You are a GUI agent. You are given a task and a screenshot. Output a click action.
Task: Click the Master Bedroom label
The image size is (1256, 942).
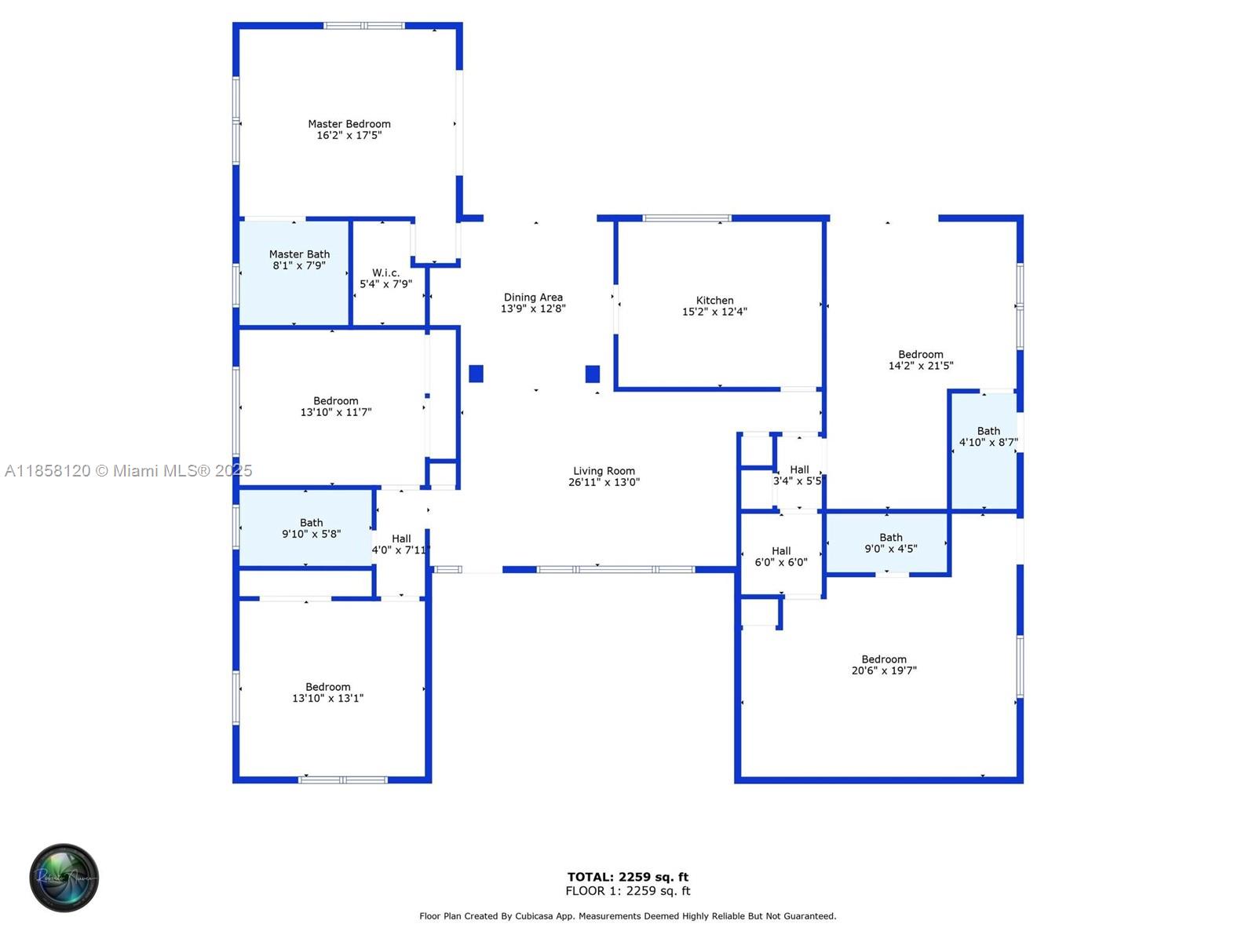[349, 123]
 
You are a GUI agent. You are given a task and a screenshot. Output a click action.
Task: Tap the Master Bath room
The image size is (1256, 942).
[294, 273]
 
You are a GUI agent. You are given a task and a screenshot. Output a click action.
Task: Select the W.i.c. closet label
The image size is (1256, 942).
[385, 273]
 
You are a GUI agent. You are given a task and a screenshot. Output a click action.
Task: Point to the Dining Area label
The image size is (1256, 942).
[533, 297]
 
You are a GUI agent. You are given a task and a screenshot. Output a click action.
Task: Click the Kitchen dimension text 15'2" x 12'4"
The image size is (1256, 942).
[714, 312]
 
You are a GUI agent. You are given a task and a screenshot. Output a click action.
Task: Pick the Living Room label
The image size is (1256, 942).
[604, 471]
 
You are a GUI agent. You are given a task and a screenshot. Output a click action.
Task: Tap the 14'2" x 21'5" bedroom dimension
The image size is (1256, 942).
[920, 366]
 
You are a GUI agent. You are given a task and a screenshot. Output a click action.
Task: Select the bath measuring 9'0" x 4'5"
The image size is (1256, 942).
[885, 542]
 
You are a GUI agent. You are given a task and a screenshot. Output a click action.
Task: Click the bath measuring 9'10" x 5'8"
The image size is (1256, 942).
[305, 528]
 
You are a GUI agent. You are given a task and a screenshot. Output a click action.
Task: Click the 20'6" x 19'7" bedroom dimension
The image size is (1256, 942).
[883, 670]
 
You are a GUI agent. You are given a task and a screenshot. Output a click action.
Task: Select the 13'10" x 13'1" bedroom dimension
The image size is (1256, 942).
[327, 698]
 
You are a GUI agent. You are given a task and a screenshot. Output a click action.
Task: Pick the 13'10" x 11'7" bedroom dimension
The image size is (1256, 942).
[335, 412]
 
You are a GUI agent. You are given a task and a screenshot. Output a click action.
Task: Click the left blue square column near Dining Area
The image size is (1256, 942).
[476, 374]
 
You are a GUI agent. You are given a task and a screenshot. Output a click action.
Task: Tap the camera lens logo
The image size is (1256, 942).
[64, 878]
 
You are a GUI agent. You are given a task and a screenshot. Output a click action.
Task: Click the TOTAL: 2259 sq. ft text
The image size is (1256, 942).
[627, 877]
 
